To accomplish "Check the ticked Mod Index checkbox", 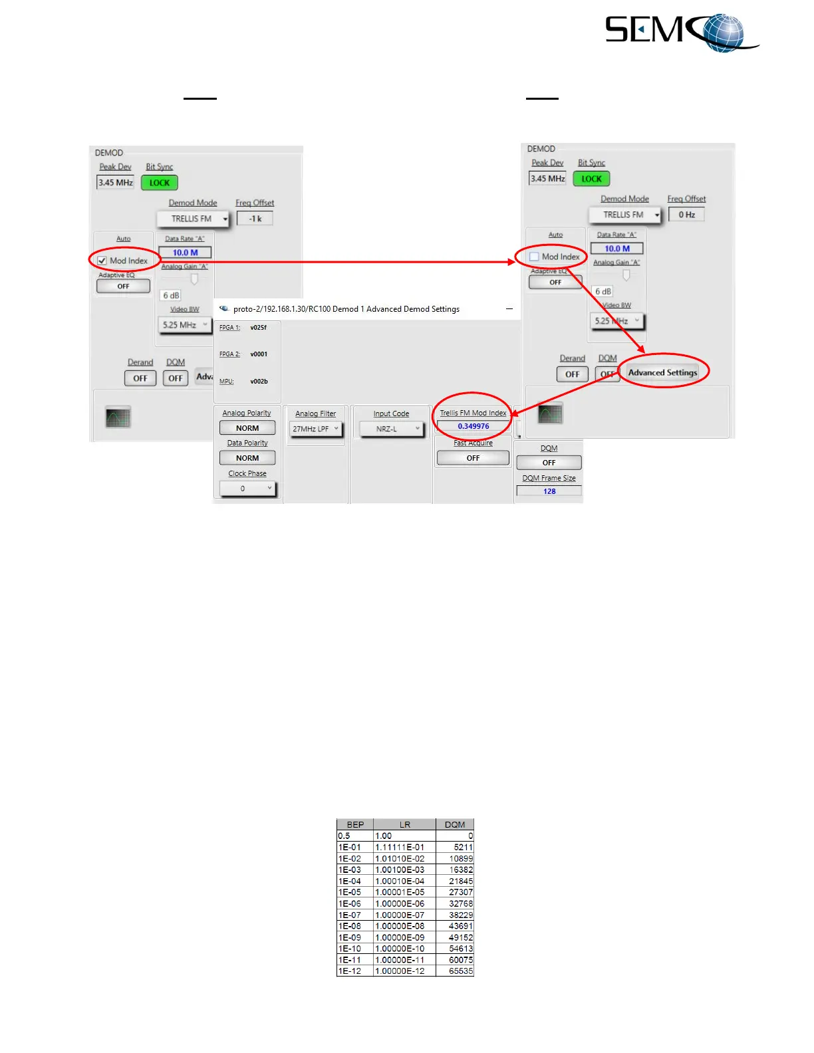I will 102,261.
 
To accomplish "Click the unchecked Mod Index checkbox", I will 534,257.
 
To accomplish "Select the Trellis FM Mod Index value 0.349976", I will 473,427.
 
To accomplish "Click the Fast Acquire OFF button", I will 473,458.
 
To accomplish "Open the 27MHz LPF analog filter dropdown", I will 316,429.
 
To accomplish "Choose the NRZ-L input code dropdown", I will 391,429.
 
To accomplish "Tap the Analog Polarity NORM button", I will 247,429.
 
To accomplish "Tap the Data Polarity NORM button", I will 247,459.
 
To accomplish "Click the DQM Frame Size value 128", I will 549,491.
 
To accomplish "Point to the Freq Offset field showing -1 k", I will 255,219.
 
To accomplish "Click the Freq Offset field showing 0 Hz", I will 686,215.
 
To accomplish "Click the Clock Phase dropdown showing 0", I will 247,489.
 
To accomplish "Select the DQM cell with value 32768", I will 455,903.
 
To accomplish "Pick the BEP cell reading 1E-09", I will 354,937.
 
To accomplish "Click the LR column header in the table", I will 404,824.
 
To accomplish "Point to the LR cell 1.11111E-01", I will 404,847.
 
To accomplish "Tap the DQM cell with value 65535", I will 455,971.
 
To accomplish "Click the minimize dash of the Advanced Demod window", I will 509,309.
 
